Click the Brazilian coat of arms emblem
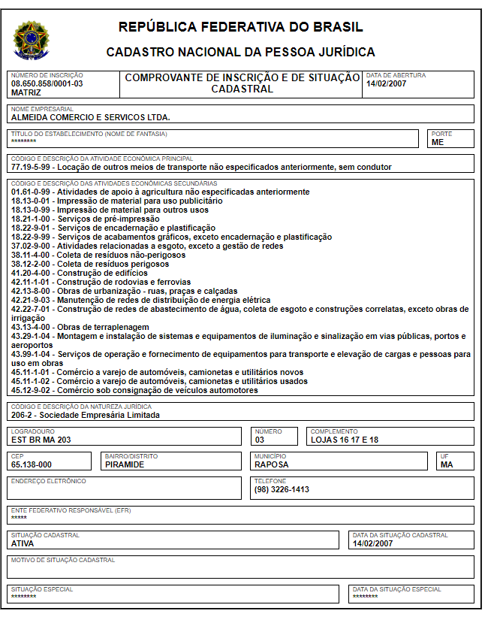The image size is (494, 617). [31, 41]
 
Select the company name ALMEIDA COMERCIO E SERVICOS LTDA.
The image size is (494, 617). [91, 117]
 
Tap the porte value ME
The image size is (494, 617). [437, 142]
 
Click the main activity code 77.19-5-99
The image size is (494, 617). [32, 167]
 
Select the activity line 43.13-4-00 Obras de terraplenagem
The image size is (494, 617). [86, 327]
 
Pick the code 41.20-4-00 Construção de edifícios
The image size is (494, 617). [79, 273]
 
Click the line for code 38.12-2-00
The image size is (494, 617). [90, 264]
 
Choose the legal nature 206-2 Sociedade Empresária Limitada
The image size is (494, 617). [86, 415]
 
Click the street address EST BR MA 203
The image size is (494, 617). [41, 440]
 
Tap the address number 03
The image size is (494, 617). [260, 440]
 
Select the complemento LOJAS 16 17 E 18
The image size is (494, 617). [345, 440]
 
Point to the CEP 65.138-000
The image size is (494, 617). [32, 464]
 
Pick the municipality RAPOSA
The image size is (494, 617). [272, 464]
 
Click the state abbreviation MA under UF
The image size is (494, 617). [447, 464]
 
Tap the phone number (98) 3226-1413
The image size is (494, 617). [282, 489]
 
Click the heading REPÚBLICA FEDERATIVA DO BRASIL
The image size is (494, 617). [240, 28]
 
